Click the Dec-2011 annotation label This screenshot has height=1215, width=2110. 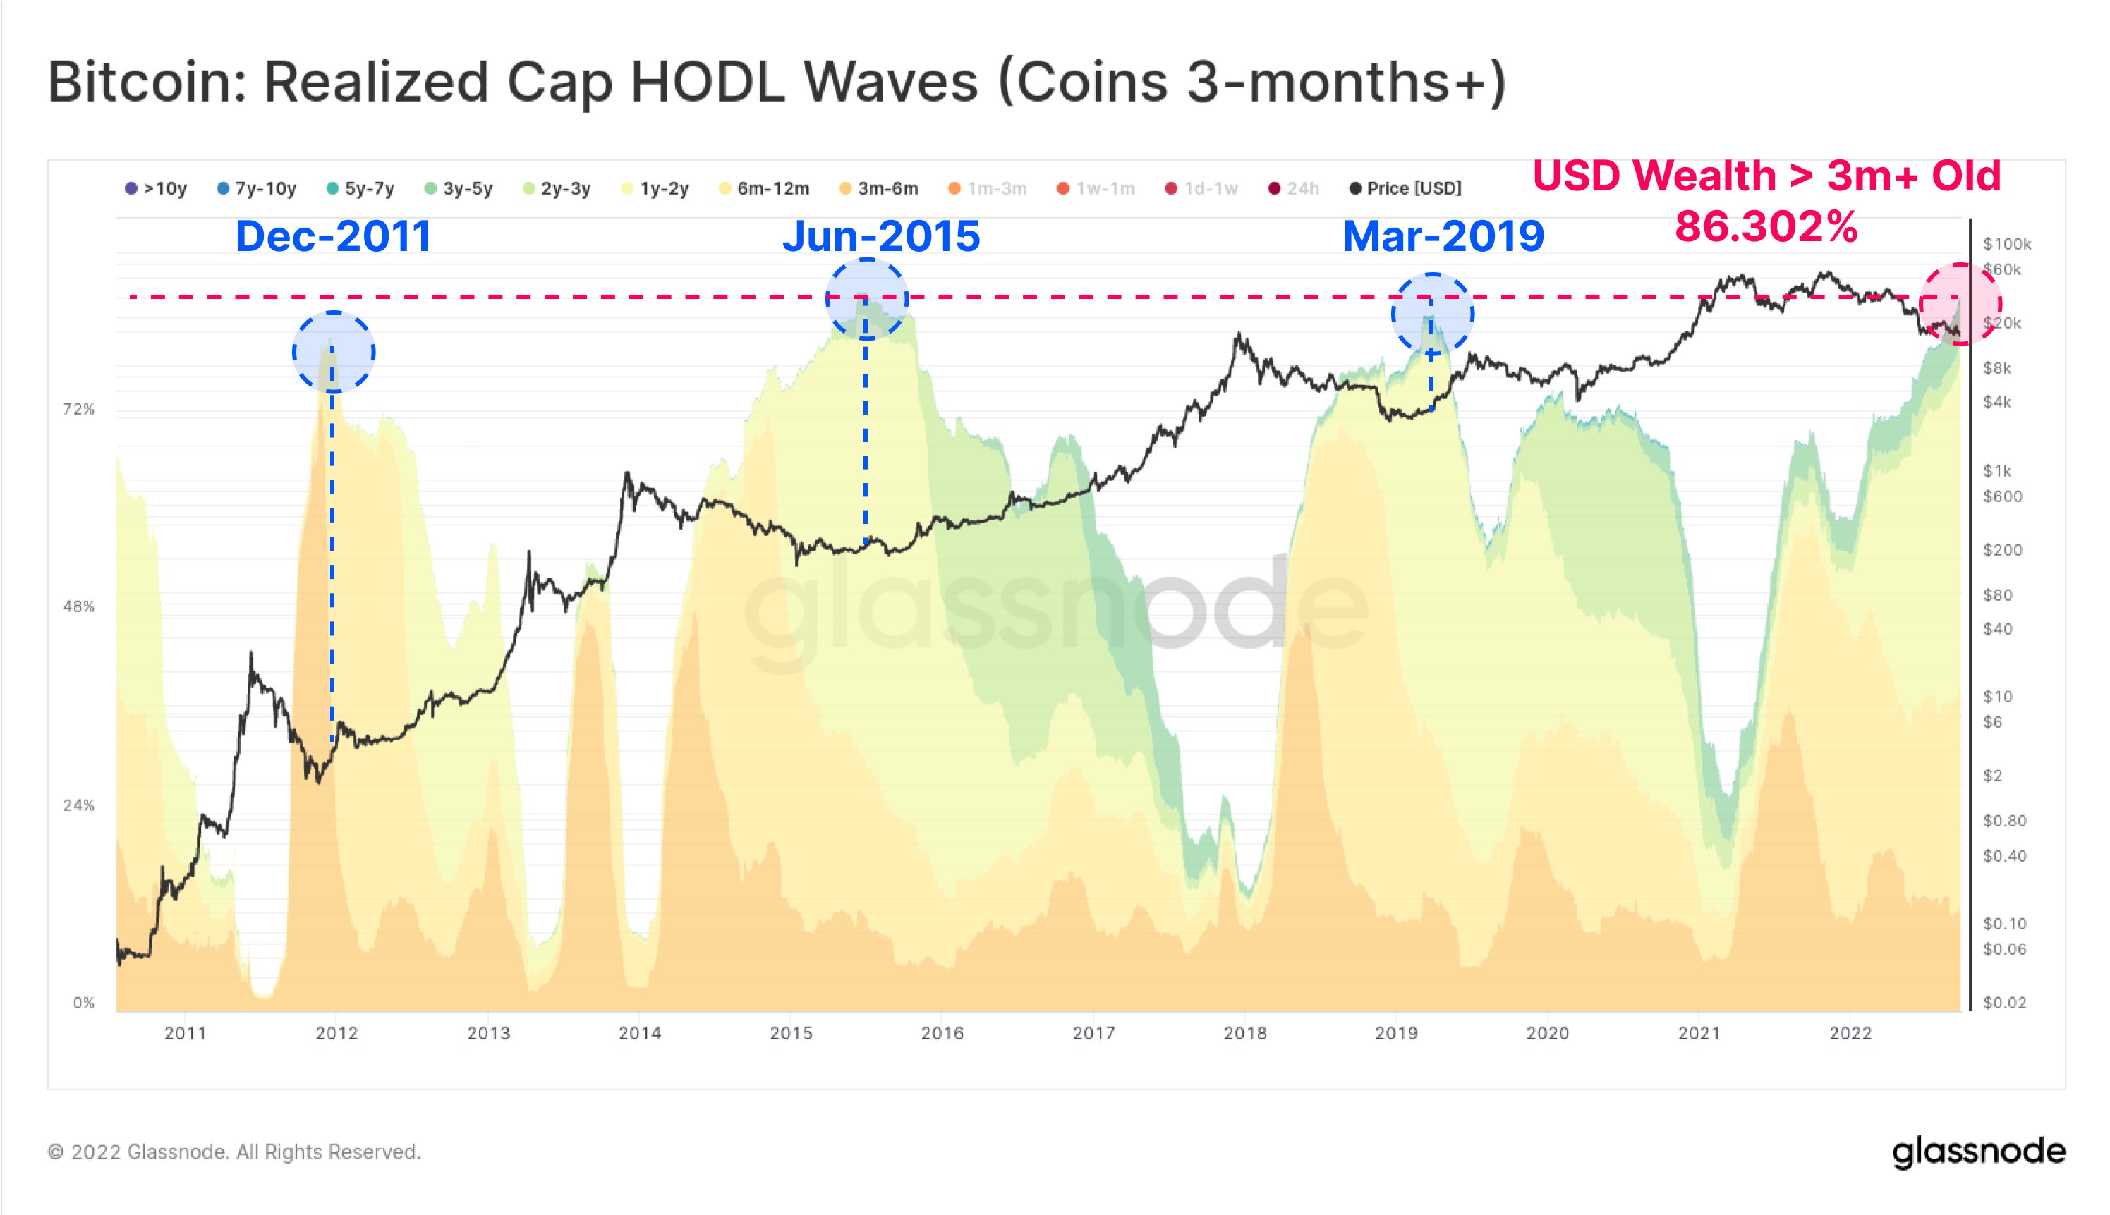tap(333, 236)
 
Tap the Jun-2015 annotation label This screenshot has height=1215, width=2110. tap(880, 236)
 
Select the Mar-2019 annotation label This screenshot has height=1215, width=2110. tap(1443, 236)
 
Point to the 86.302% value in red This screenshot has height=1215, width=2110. tap(1766, 226)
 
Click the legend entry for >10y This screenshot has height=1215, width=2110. tap(156, 188)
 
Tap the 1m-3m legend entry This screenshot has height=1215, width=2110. tap(988, 188)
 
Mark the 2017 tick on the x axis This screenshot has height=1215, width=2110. tap(1093, 1033)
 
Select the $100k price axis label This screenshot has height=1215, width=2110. tap(2006, 244)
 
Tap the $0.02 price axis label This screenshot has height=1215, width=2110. tap(2004, 1002)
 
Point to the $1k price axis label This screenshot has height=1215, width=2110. tap(1997, 470)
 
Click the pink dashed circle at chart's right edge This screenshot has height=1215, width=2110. tap(1960, 304)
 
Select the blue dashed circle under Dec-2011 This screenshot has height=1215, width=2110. tap(333, 351)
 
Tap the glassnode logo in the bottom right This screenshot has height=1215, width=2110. tap(1978, 1152)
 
